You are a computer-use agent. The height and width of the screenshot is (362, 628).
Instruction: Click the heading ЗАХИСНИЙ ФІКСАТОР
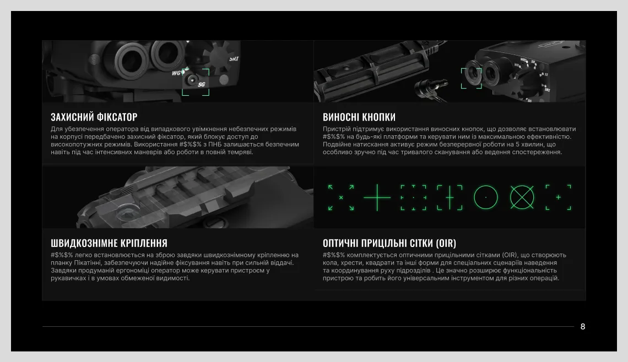94,117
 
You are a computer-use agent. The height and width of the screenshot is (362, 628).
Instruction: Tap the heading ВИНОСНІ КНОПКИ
359,117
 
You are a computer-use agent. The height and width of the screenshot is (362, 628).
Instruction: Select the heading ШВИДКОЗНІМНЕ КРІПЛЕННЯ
109,243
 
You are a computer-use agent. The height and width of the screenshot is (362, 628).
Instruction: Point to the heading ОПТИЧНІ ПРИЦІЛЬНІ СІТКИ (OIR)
389,243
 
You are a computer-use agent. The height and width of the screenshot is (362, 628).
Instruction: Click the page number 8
583,326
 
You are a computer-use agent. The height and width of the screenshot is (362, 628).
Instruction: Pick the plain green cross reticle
377,197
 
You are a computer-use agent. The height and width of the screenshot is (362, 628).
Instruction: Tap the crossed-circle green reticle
522,197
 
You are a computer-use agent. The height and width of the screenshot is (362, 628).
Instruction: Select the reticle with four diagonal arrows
341,197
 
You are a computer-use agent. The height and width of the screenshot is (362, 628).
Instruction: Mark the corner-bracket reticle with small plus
558,197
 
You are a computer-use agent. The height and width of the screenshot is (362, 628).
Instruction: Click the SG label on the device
201,84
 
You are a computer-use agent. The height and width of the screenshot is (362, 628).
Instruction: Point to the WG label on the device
176,73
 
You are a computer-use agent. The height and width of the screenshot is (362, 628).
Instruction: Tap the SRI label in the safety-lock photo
234,59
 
